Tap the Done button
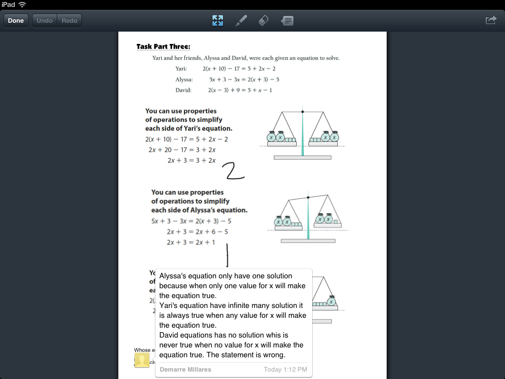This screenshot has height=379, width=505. [x=16, y=21]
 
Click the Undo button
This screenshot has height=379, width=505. [x=45, y=21]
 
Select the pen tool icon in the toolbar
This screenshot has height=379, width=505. [x=241, y=21]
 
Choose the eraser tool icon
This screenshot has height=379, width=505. [x=264, y=21]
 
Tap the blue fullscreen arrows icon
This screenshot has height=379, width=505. [x=217, y=21]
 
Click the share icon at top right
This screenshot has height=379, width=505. [x=491, y=20]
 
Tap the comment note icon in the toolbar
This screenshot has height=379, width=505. [x=288, y=21]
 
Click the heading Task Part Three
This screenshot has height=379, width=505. [x=163, y=47]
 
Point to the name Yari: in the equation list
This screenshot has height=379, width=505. [x=181, y=69]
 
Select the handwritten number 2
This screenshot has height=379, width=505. [x=233, y=171]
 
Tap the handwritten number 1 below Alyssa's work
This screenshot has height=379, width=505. [x=227, y=255]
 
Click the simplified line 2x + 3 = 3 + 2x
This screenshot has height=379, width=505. [x=191, y=160]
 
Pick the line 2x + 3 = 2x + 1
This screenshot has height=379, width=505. [x=191, y=242]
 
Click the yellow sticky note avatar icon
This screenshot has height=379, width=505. [x=142, y=360]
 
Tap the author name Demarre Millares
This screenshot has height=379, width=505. [x=185, y=369]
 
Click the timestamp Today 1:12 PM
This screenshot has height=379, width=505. [x=286, y=369]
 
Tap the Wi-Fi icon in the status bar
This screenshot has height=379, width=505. [x=22, y=4]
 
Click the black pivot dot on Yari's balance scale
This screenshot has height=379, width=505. [x=302, y=112]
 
